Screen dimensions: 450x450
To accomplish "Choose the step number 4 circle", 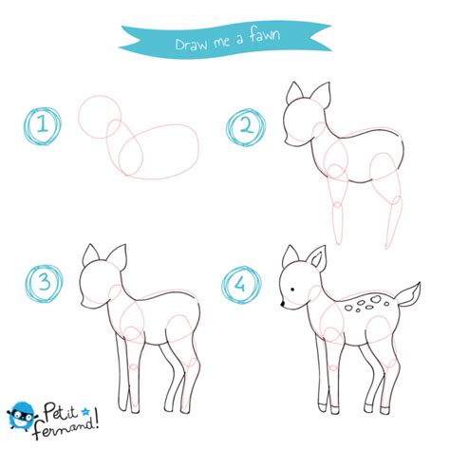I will coord(240,283).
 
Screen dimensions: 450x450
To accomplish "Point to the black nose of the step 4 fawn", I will coord(282,305).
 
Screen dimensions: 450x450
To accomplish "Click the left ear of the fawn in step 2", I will coord(294,93).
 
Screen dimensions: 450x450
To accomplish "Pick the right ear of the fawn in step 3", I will coord(118,256).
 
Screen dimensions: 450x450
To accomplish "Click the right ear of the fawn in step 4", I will coord(319,257).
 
